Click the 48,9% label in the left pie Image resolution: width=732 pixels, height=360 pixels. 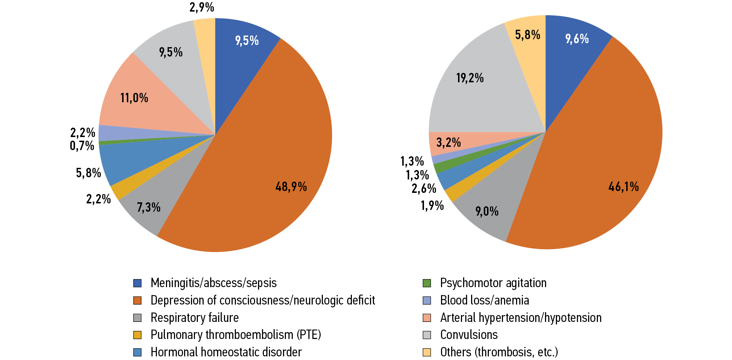(x=291, y=187)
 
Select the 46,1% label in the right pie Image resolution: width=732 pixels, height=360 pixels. (x=623, y=187)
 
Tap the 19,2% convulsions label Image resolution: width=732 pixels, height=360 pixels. (x=470, y=78)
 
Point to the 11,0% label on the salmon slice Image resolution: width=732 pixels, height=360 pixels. (x=134, y=98)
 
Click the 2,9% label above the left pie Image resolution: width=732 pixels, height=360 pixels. (x=202, y=7)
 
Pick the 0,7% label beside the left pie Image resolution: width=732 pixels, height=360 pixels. (x=82, y=146)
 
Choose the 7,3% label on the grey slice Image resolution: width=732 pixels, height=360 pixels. (x=149, y=207)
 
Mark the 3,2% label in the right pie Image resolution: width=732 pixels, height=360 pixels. (x=448, y=142)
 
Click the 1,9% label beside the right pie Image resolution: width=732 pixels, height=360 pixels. (x=432, y=206)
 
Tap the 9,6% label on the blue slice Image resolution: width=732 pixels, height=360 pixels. (x=577, y=39)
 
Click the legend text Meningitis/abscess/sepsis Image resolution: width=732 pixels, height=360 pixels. (x=213, y=283)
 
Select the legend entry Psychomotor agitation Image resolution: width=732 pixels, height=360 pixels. (x=493, y=283)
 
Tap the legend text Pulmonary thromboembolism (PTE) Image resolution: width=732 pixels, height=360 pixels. (x=236, y=335)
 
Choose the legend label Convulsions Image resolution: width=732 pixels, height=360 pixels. (x=469, y=335)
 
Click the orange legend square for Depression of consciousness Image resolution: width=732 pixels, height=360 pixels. (x=137, y=301)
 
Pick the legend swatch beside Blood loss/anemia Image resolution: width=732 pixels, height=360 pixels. (x=427, y=301)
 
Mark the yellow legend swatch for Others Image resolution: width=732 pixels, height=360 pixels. (x=427, y=352)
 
